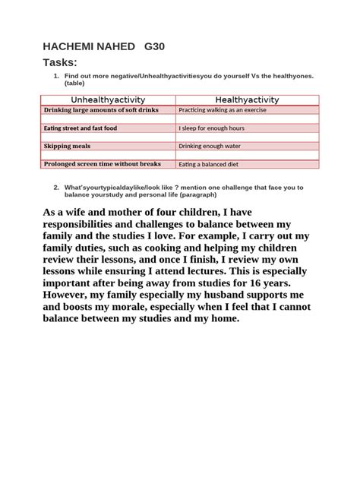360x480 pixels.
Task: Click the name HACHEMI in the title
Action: (x=72, y=46)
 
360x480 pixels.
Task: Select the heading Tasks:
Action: (x=61, y=63)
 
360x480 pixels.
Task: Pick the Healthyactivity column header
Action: (x=248, y=99)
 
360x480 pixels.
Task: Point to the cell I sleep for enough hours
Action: (x=211, y=128)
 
